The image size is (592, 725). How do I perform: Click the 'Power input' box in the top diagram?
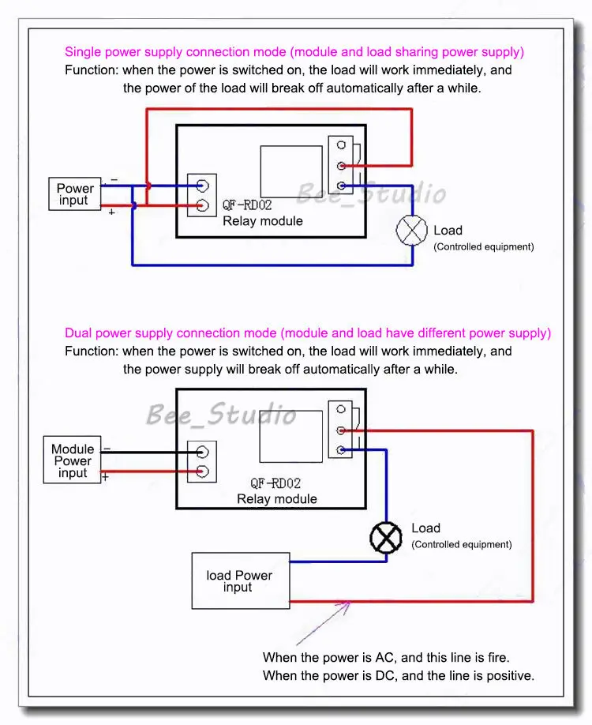point(75,194)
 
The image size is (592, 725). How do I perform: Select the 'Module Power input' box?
point(73,461)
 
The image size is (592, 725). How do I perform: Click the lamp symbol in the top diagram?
point(410,231)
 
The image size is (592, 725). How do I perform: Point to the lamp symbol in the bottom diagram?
point(386,539)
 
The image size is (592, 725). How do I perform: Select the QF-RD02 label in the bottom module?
point(275,483)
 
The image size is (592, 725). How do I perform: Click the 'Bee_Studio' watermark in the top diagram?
point(370,193)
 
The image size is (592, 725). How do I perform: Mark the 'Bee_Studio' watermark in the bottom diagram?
point(221,414)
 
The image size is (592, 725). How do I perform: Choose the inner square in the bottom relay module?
point(291,438)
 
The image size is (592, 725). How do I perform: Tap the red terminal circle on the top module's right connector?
point(341,166)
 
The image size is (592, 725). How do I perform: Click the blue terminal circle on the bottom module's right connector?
point(341,450)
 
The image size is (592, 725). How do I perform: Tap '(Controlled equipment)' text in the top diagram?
point(483,247)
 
